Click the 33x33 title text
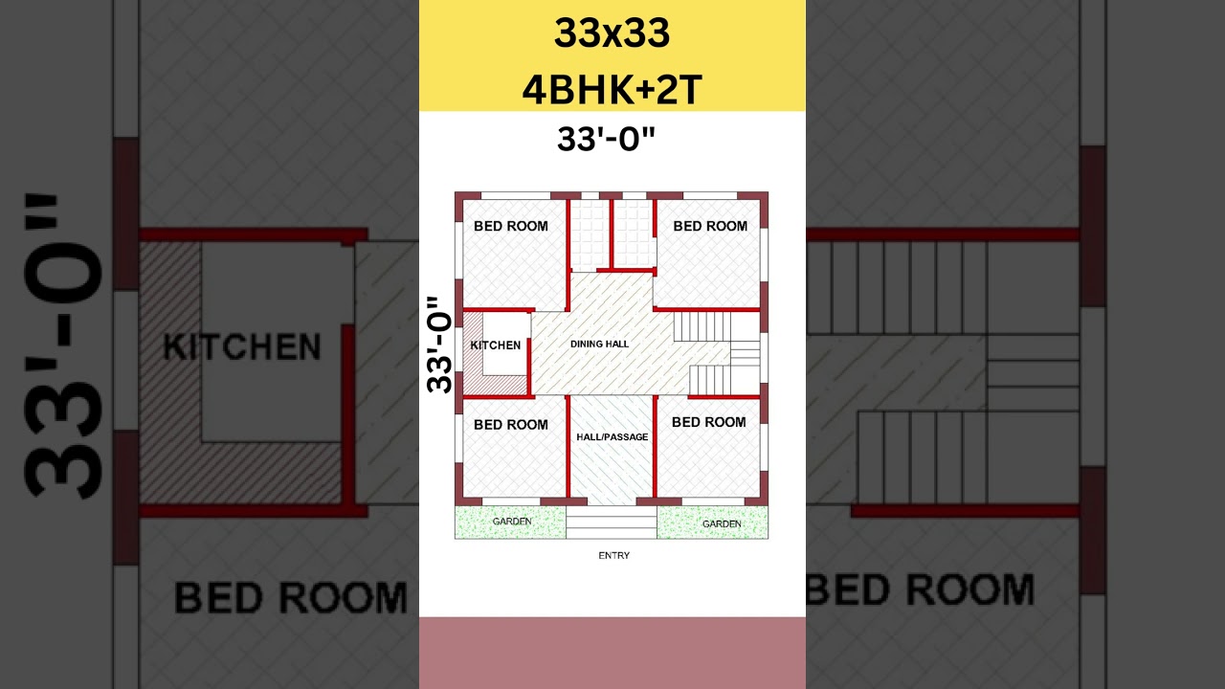pyautogui.click(x=612, y=34)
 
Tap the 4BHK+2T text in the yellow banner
pyautogui.click(x=612, y=90)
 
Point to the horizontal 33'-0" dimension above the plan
pyautogui.click(x=607, y=140)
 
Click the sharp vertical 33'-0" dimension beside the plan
pyautogui.click(x=439, y=344)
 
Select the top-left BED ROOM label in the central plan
pyautogui.click(x=511, y=226)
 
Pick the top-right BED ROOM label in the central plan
pyautogui.click(x=710, y=226)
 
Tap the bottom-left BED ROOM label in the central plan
pyautogui.click(x=511, y=425)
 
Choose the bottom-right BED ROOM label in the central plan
pyautogui.click(x=708, y=422)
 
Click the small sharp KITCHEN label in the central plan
pyautogui.click(x=496, y=345)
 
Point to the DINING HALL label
pyautogui.click(x=600, y=344)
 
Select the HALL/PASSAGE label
pyautogui.click(x=612, y=437)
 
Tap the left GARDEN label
pyautogui.click(x=512, y=522)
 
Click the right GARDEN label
pyautogui.click(x=722, y=524)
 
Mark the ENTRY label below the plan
pyautogui.click(x=613, y=555)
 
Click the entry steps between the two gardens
pyautogui.click(x=612, y=522)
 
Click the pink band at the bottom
pyautogui.click(x=612, y=653)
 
